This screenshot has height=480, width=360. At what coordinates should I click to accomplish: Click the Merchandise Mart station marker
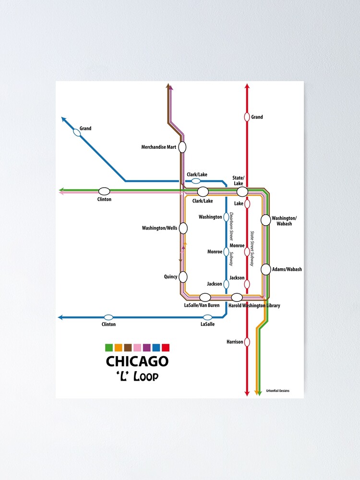coord(182,147)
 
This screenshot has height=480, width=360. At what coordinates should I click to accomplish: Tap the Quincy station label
coord(170,276)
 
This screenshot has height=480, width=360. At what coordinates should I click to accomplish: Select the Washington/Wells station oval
coord(183,228)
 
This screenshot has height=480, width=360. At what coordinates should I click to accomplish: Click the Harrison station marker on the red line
coord(247,342)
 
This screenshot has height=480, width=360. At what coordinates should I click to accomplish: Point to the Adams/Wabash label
coord(287,269)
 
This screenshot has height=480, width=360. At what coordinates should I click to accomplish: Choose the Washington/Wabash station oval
coord(265,220)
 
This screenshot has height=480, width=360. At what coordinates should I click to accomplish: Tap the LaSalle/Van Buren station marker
coord(205,297)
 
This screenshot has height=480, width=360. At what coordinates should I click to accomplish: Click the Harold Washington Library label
coord(254,306)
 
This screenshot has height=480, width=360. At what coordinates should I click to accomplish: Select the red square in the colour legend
coord(166,348)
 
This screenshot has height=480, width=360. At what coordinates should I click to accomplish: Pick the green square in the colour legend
coord(108,348)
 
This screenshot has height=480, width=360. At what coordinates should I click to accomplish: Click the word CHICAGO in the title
coord(137,361)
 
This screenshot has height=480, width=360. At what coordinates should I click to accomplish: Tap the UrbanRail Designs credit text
coord(278,391)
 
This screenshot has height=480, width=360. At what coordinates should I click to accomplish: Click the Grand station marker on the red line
coord(247,117)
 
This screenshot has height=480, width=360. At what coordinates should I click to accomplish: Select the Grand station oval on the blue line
coord(77,132)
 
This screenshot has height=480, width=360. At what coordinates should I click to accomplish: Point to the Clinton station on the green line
coord(104,191)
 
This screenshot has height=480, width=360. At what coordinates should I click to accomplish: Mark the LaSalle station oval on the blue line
coord(207,317)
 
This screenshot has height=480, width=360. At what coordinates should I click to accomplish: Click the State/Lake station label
coord(239,180)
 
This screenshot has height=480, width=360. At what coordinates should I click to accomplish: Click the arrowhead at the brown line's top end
coord(168,86)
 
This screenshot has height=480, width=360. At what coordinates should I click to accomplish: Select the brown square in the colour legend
coord(128,348)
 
